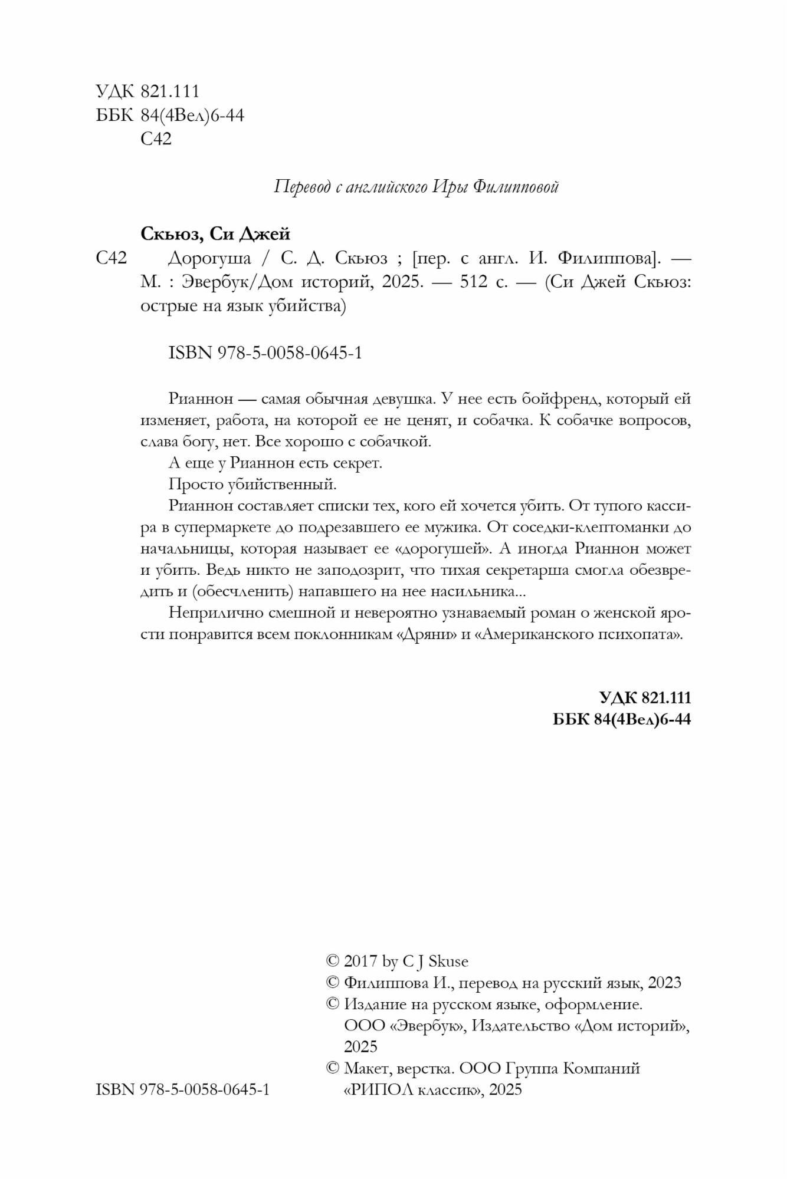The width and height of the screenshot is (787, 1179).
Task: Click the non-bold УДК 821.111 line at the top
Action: point(147,91)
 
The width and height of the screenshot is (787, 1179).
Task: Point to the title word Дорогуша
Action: point(209,258)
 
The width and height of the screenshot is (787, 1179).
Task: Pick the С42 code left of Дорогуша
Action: point(112,258)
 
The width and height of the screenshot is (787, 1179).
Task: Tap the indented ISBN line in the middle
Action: point(265,353)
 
